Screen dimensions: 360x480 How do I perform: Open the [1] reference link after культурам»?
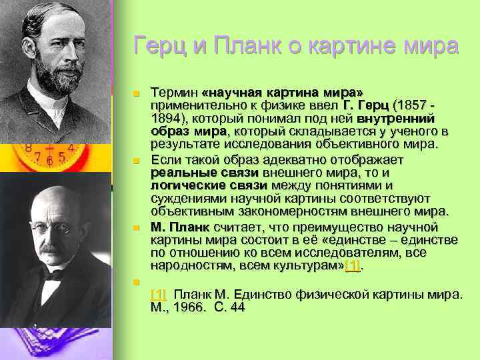353,266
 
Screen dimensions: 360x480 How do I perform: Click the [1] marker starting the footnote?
159,294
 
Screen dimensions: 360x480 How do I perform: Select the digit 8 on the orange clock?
28,148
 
